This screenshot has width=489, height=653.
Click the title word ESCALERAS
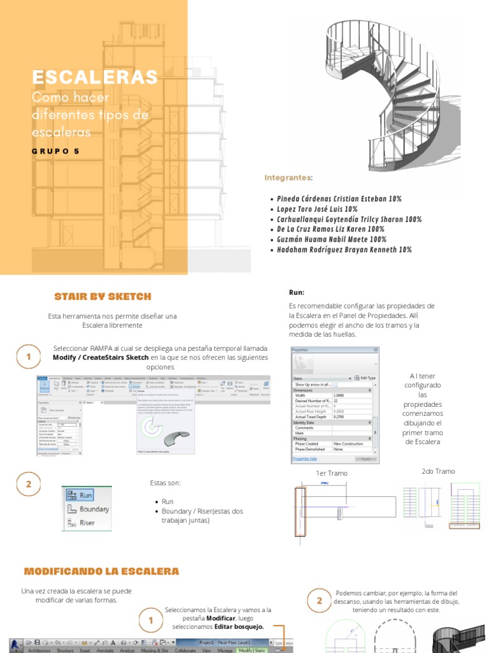[95, 77]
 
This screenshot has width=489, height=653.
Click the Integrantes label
[288, 177]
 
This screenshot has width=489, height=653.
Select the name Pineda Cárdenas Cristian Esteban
[339, 199]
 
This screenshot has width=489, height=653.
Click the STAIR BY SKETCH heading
[103, 296]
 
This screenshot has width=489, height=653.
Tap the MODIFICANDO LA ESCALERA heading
[101, 571]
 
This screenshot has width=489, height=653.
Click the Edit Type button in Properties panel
[365, 378]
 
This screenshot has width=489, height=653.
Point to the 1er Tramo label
[332, 474]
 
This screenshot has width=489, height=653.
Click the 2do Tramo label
[438, 471]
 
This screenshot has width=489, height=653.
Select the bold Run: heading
[297, 292]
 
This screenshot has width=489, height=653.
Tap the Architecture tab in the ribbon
[39, 650]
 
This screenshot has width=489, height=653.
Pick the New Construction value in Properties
[348, 443]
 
